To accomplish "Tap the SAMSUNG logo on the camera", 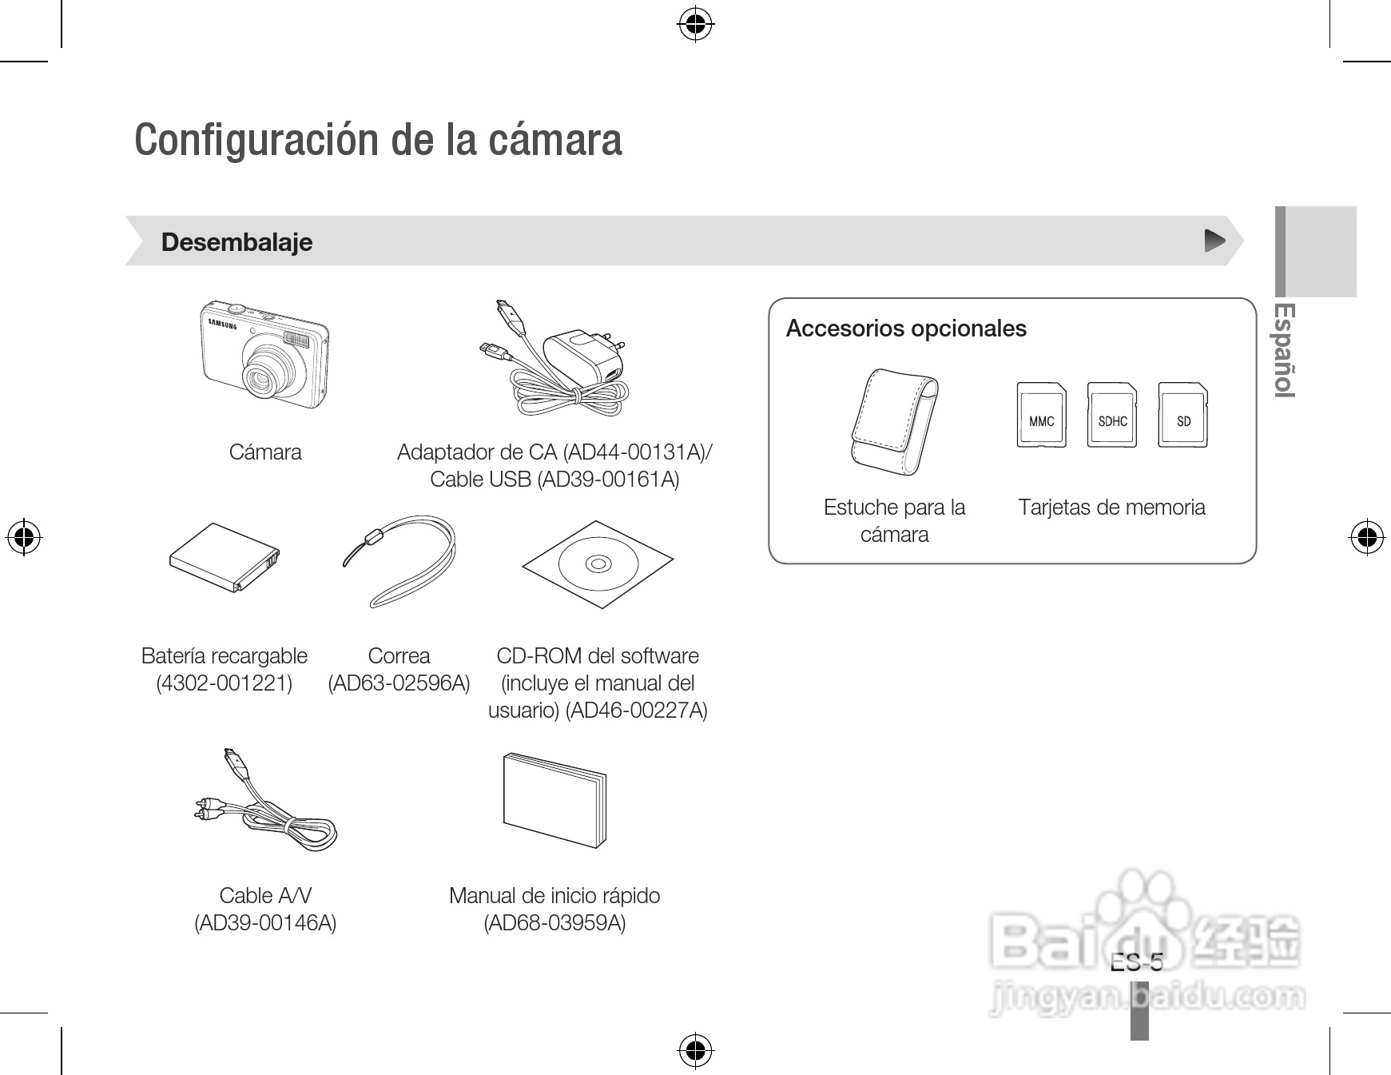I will point(223,324).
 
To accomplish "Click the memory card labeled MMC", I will point(1041,416).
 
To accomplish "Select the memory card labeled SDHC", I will point(1112,416).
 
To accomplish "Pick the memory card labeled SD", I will point(1182,416).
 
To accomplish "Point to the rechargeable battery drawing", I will point(225,557).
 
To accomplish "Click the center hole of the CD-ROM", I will point(598,564).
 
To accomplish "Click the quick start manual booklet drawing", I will point(554,799).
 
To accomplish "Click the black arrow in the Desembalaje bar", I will point(1214,241).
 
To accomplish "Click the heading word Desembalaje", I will point(236,242).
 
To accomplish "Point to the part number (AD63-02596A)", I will point(399,683).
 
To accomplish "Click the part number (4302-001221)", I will point(225,683).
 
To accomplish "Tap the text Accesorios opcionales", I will point(905,328).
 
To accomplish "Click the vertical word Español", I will point(1283,349).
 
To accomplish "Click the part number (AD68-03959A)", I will point(554,923).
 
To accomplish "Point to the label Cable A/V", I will point(265,895).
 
